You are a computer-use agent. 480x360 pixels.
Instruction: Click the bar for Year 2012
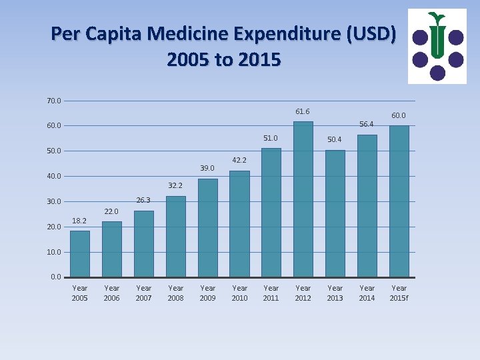pos(303,199)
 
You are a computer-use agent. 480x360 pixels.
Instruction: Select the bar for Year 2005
pos(80,253)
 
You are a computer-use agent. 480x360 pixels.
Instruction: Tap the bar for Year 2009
pos(208,227)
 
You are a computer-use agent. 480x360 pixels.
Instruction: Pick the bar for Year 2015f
pos(399,201)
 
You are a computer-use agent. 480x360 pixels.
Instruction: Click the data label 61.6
pos(303,111)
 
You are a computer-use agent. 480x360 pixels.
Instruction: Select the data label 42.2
pos(239,160)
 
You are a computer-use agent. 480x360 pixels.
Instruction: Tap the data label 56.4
pos(367,124)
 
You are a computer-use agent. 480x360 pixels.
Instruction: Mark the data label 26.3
pos(143,200)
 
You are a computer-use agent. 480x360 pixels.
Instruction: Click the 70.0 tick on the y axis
pos(54,101)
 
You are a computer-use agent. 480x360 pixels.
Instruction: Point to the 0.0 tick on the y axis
pos(56,277)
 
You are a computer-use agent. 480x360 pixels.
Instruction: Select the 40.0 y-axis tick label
pos(54,176)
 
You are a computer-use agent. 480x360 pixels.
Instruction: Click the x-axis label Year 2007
pos(143,293)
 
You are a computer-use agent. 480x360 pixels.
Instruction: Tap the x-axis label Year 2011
pos(271,293)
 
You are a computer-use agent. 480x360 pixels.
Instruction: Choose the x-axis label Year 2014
pos(367,293)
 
